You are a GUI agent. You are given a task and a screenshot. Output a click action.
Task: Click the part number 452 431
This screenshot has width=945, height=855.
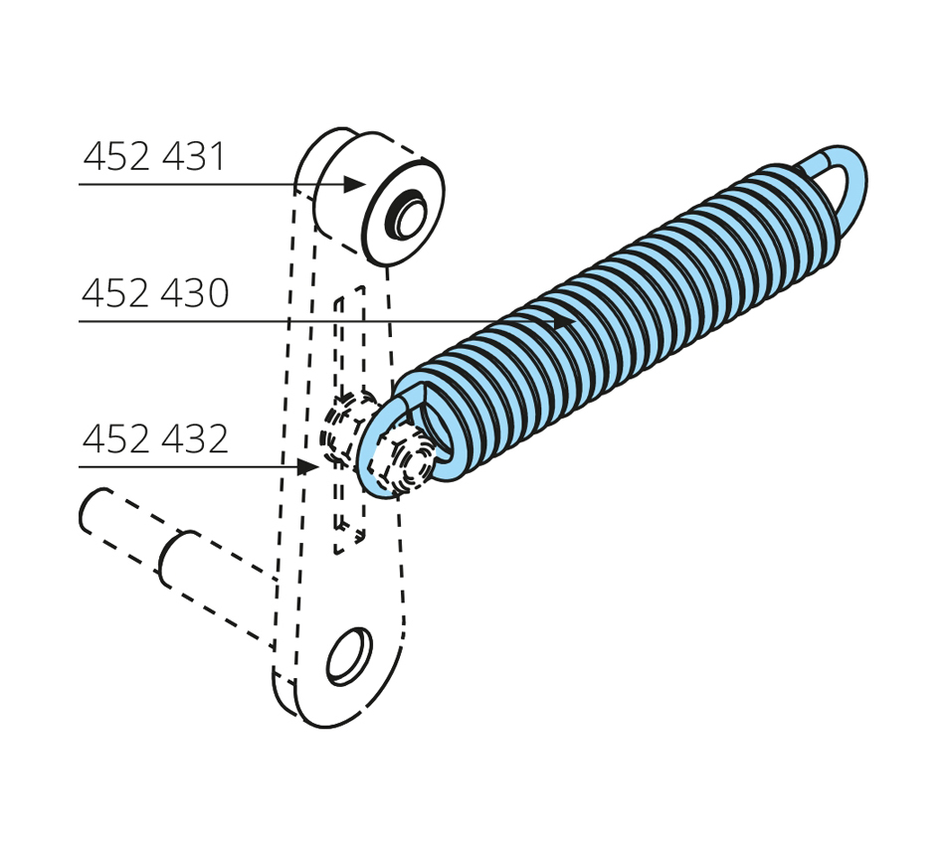[x=153, y=157]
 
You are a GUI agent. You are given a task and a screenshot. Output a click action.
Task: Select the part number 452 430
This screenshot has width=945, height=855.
[x=155, y=293]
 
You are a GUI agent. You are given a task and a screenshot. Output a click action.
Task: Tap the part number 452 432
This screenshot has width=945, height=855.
[x=155, y=438]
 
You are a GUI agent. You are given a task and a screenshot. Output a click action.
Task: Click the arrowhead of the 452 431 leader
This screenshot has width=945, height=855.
[x=354, y=184]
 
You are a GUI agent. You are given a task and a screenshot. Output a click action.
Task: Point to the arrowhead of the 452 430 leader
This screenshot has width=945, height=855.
[x=565, y=322]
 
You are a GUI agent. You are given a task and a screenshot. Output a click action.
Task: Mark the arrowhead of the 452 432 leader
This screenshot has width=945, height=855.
[x=308, y=466]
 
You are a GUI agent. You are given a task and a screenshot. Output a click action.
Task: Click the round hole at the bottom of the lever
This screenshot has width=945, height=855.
[x=349, y=656]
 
